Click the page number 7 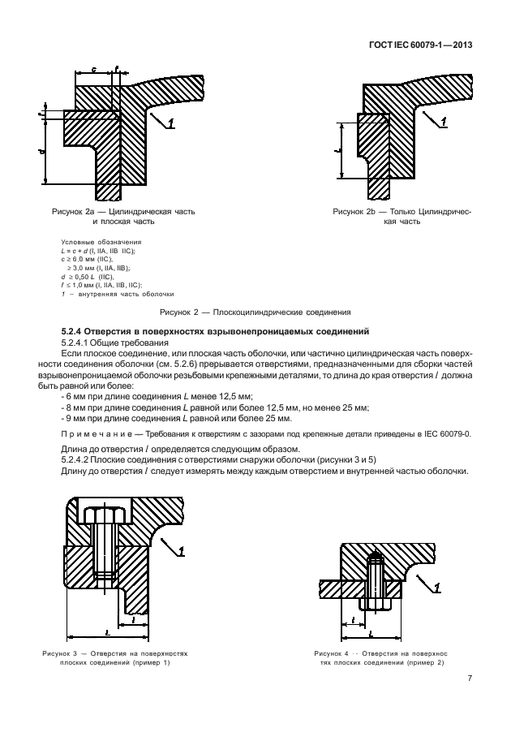(x=470, y=679)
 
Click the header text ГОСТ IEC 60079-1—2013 (x=420, y=45)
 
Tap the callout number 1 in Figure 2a (x=170, y=123)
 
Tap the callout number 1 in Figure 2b (x=443, y=123)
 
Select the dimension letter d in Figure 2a (x=41, y=152)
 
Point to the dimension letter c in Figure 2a (x=94, y=69)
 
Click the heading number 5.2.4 (x=72, y=331)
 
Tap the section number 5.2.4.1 (x=75, y=342)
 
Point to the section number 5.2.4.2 (x=75, y=460)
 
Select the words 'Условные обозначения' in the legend (x=101, y=242)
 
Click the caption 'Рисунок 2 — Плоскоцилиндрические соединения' (x=255, y=312)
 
